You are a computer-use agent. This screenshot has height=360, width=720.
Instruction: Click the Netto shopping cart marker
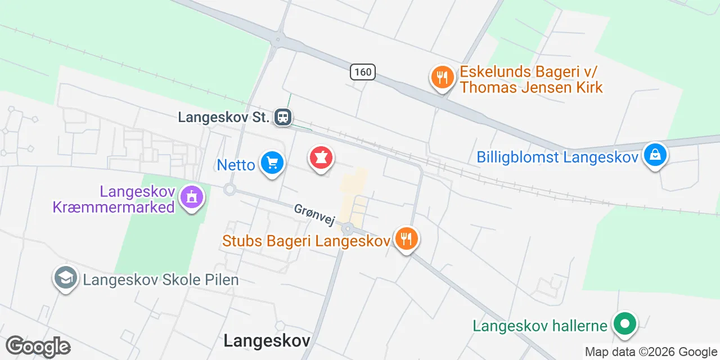click(272, 163)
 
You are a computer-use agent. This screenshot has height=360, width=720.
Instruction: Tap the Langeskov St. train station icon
click(283, 117)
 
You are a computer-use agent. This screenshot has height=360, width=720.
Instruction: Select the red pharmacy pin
click(321, 158)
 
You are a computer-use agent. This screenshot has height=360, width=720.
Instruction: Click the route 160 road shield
click(363, 72)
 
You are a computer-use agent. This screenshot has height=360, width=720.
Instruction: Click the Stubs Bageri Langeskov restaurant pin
click(406, 238)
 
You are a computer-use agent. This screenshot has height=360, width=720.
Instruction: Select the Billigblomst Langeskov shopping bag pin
click(655, 154)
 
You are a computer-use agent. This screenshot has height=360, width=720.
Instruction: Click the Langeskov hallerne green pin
click(624, 324)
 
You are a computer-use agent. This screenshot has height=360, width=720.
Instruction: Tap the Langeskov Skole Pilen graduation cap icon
click(66, 278)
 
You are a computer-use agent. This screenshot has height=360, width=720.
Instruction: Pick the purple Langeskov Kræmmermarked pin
click(192, 197)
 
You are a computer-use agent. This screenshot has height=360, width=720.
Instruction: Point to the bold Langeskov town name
click(267, 340)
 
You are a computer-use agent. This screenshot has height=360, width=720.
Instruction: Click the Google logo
click(38, 346)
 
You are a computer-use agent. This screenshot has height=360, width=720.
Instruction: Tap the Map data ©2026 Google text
click(650, 352)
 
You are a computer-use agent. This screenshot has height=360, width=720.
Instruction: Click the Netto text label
click(236, 165)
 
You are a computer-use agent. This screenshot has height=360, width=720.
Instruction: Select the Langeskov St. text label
click(224, 118)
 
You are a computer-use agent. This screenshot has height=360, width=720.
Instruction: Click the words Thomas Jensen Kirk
click(531, 87)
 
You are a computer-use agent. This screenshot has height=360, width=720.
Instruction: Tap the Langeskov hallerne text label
click(540, 326)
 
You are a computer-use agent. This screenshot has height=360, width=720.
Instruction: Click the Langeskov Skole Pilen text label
click(161, 280)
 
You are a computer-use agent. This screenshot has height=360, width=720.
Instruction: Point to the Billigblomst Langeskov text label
click(557, 156)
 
